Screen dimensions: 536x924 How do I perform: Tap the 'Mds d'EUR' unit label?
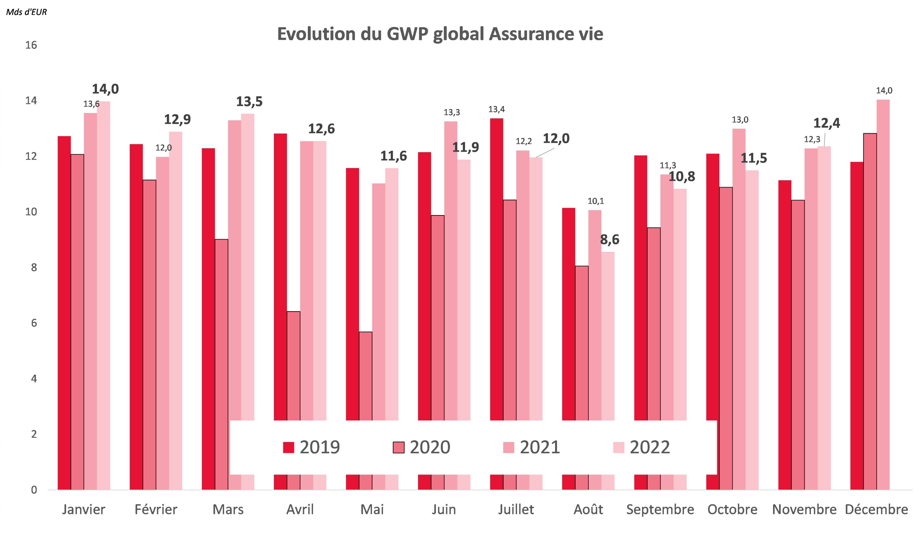coord(26,12)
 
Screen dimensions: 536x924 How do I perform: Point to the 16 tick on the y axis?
coord(31,45)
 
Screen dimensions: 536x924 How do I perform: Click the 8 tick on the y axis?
coord(34,268)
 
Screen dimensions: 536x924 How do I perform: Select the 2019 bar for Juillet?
coord(496,268)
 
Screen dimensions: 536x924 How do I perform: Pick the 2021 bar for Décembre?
coord(883,293)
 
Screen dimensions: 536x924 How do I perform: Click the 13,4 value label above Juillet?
coord(496,109)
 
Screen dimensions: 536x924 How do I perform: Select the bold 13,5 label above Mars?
coord(249,102)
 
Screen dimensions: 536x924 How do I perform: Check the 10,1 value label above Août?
coord(596,201)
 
